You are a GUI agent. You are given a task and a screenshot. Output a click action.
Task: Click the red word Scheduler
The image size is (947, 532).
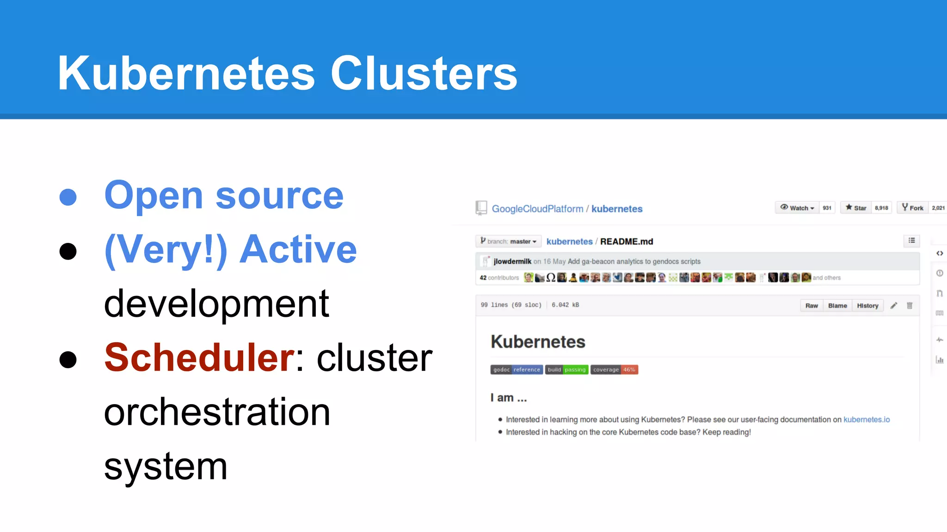coord(199,357)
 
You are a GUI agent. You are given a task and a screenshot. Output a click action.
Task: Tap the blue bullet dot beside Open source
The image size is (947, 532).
coord(68,197)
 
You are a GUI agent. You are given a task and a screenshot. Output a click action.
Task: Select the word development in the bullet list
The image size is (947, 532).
coord(216,304)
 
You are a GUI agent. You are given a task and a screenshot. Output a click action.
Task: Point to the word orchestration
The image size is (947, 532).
coord(217,412)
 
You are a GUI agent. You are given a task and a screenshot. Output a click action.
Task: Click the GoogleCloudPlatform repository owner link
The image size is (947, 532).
coord(537,209)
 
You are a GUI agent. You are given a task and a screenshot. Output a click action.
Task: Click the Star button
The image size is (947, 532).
coord(856,208)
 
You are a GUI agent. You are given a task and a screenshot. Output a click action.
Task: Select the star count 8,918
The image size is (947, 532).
coord(881,208)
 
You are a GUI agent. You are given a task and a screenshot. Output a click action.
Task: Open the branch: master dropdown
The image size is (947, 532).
coord(508,241)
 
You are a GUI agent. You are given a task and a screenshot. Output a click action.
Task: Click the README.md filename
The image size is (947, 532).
coord(627,242)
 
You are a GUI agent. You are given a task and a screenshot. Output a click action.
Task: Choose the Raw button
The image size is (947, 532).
coord(812,306)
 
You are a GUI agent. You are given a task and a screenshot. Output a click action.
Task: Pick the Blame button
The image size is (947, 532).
coord(837,306)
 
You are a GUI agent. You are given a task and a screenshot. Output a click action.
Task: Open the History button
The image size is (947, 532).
coord(867,306)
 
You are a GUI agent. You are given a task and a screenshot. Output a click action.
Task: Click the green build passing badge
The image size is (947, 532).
coord(566,369)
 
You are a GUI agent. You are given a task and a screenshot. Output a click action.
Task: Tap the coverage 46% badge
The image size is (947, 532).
coord(614,369)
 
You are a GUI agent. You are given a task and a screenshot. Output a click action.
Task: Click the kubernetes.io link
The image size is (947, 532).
coord(866,419)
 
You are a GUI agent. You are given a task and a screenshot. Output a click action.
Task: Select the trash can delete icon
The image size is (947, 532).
coord(910,306)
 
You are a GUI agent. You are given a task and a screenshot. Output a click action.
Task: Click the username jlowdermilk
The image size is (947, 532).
coord(512,261)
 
